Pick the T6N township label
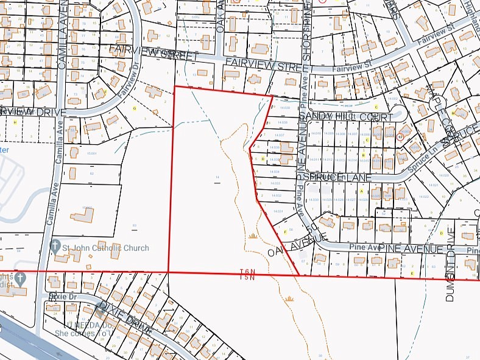point(247,270)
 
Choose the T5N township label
point(247,278)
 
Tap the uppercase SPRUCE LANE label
point(330,177)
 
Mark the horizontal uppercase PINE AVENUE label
point(410,249)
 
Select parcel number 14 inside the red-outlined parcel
point(217,178)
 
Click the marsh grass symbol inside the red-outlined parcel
point(253,235)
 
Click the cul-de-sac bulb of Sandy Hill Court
point(399,112)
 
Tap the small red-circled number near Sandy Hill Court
point(400,137)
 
